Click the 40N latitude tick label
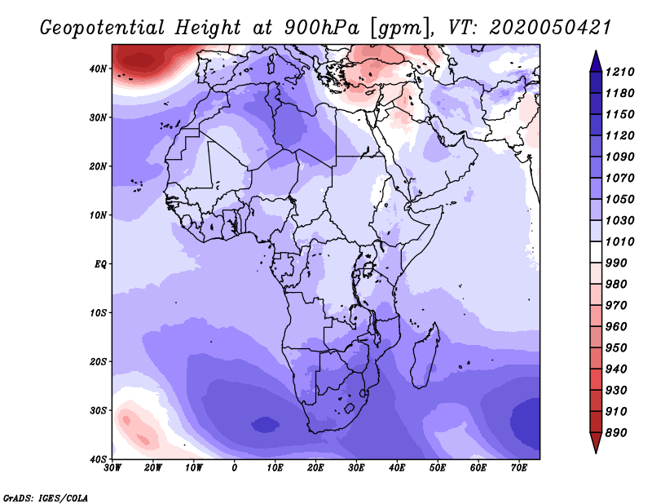98,69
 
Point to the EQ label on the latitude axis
100,264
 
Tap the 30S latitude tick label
98,410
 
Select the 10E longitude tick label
275,468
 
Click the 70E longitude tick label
519,468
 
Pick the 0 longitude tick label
235,468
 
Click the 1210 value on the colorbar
619,72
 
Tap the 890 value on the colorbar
615,433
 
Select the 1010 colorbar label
619,241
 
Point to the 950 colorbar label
615,348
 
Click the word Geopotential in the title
103,29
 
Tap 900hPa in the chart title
321,28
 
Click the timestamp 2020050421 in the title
549,28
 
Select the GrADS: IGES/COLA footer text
46,497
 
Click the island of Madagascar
425,356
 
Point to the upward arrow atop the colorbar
596,61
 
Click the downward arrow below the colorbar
596,443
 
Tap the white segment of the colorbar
596,252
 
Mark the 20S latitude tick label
98,361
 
